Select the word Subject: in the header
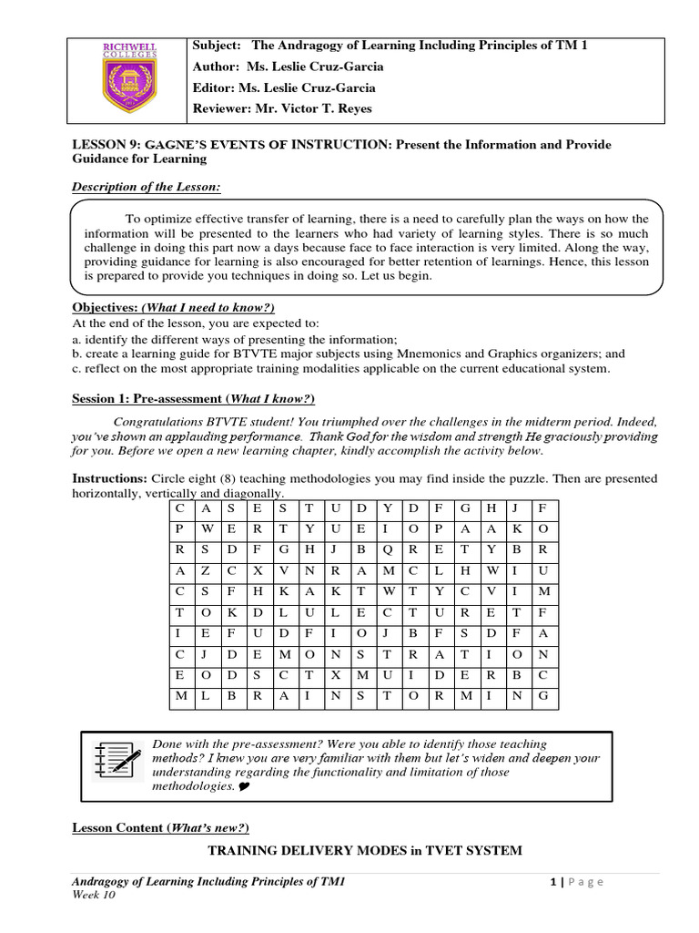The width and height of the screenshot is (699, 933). pos(216,46)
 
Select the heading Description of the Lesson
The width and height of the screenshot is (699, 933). pos(147,187)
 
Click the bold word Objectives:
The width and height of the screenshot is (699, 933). pos(105,307)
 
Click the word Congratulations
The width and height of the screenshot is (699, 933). pos(165,423)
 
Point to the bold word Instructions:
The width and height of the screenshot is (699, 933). pos(109,478)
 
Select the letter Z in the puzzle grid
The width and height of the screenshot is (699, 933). pos(206,570)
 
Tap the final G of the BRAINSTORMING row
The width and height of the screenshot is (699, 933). pos(542,697)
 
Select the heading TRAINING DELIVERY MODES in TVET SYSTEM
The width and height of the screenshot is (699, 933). pos(365,851)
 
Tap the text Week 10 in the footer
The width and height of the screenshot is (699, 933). pos(93,896)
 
